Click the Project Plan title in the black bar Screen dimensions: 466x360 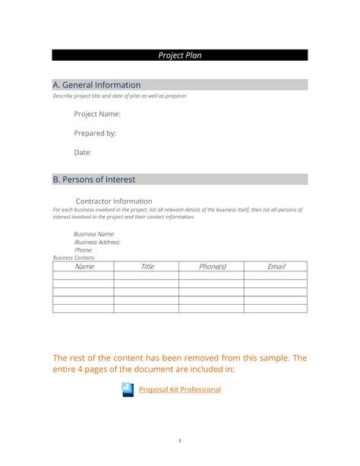click(x=180, y=55)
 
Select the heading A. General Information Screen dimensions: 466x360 click(x=96, y=85)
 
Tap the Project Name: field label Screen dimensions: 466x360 click(x=96, y=114)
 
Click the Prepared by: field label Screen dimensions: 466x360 click(x=95, y=133)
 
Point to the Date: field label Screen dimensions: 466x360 click(x=82, y=153)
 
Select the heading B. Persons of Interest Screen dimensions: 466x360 click(x=93, y=179)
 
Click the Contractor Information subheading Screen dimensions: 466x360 click(x=115, y=201)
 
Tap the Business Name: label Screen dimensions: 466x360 click(x=93, y=234)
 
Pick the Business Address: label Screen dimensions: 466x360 click(x=96, y=242)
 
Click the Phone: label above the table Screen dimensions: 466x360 click(x=83, y=250)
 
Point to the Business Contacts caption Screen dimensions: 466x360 click(x=74, y=258)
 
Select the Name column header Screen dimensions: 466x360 click(x=84, y=267)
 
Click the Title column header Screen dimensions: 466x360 click(x=147, y=267)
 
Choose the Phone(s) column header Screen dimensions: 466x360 click(x=212, y=267)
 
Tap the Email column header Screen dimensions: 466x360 click(x=276, y=267)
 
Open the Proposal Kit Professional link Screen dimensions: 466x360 click(x=179, y=389)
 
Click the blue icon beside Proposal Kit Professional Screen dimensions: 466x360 click(x=127, y=390)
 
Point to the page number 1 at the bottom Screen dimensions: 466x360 click(x=180, y=440)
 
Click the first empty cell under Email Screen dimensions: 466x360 click(x=276, y=275)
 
